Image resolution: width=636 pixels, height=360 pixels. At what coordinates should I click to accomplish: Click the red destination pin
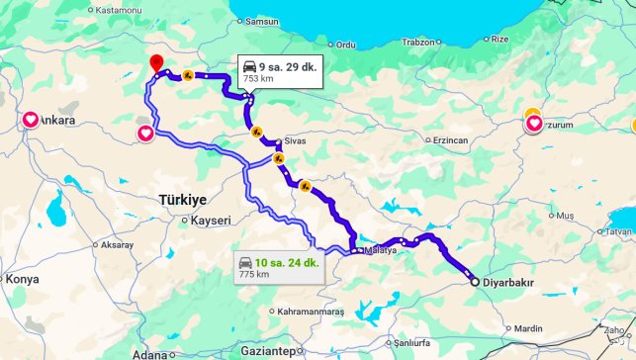(x=156, y=62)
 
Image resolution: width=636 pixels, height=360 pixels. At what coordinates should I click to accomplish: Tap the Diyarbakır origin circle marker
(x=475, y=282)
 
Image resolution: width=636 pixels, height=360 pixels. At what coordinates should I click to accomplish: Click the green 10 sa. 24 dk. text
(x=286, y=262)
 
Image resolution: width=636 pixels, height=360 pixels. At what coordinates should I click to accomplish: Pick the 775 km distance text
(x=255, y=274)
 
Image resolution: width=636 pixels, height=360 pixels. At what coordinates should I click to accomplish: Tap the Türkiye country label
(x=183, y=199)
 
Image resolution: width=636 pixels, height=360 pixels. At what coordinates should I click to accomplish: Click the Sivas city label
(x=298, y=141)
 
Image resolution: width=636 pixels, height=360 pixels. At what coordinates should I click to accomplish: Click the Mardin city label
(x=528, y=328)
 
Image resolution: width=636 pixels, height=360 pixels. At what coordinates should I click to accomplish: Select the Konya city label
(x=22, y=279)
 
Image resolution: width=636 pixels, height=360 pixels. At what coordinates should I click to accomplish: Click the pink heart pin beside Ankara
(x=30, y=121)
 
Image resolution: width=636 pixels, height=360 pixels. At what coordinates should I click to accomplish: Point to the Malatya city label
(x=380, y=250)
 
